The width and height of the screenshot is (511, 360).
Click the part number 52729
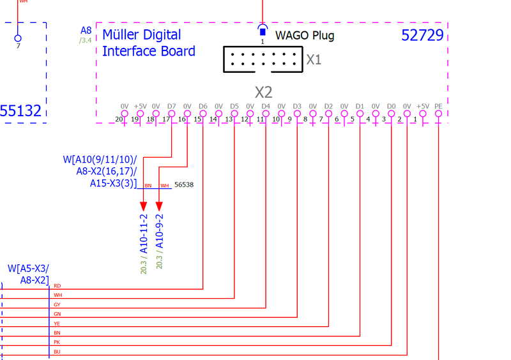(422, 36)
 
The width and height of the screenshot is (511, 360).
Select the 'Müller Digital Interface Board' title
(149, 43)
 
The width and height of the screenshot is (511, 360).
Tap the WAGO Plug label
(305, 36)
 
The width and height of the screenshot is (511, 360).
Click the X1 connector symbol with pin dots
(262, 60)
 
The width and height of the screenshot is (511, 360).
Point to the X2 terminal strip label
(264, 92)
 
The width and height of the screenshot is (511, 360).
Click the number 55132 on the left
(21, 112)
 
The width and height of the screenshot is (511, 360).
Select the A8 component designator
(86, 31)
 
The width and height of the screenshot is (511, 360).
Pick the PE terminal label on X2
(438, 106)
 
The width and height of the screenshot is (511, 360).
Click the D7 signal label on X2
(171, 106)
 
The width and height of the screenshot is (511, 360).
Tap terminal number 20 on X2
(119, 119)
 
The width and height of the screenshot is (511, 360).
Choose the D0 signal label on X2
(391, 106)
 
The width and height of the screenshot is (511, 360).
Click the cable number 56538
(184, 185)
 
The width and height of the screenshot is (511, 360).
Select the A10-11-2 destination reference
(144, 234)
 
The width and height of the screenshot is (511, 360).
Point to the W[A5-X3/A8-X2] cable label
(28, 274)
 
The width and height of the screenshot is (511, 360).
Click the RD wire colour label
(57, 286)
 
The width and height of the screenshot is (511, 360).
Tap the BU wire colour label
(57, 352)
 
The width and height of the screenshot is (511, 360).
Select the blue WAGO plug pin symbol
(262, 31)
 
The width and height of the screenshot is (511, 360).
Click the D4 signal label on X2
(265, 106)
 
